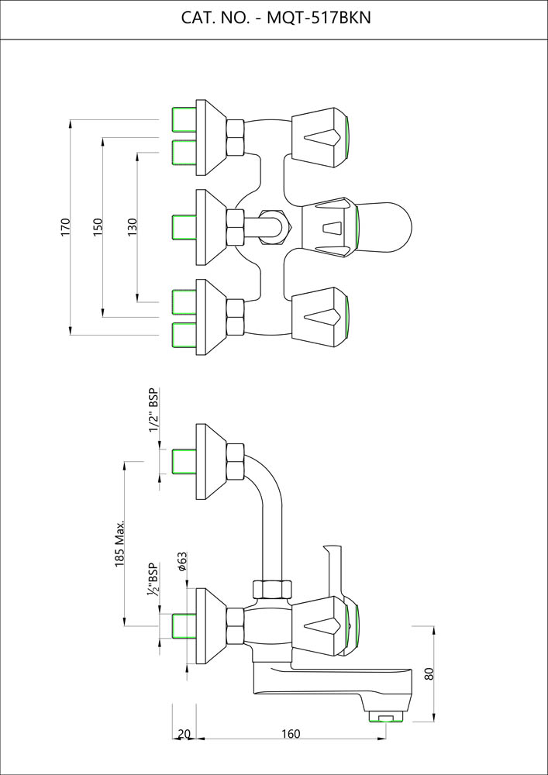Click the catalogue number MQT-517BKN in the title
click(319, 19)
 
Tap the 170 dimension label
click(66, 227)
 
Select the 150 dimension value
click(98, 227)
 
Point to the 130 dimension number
click(133, 227)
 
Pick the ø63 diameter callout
click(181, 562)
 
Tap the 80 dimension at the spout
click(429, 673)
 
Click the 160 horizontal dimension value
click(291, 734)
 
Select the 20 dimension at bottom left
click(184, 734)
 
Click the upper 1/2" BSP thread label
click(154, 410)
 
